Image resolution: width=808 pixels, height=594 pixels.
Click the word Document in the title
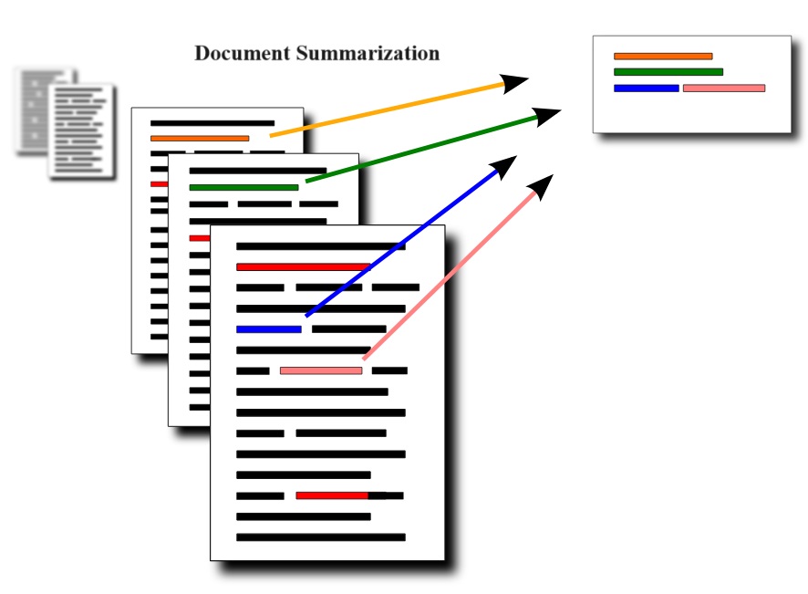(x=242, y=53)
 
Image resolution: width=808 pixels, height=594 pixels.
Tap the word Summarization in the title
(x=368, y=53)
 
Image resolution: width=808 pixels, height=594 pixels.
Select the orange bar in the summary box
(x=663, y=57)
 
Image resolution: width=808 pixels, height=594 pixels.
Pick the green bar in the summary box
(x=668, y=71)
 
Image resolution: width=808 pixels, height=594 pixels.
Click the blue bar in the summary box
(x=646, y=89)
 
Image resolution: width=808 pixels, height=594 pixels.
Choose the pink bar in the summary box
(x=723, y=89)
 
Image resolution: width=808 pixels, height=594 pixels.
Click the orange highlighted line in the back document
(x=200, y=139)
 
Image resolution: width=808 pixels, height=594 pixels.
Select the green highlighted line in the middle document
(x=243, y=187)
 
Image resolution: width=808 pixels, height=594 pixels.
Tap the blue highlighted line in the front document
(x=268, y=328)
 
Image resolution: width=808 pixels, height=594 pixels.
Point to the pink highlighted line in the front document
(x=320, y=370)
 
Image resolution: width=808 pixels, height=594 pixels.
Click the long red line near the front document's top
(x=302, y=267)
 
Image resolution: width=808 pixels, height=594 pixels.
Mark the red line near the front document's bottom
(x=332, y=495)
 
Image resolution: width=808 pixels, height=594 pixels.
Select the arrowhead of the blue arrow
(x=504, y=166)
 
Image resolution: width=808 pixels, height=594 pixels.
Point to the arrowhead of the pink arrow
(x=542, y=186)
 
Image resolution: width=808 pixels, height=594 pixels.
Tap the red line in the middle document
(x=199, y=238)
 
